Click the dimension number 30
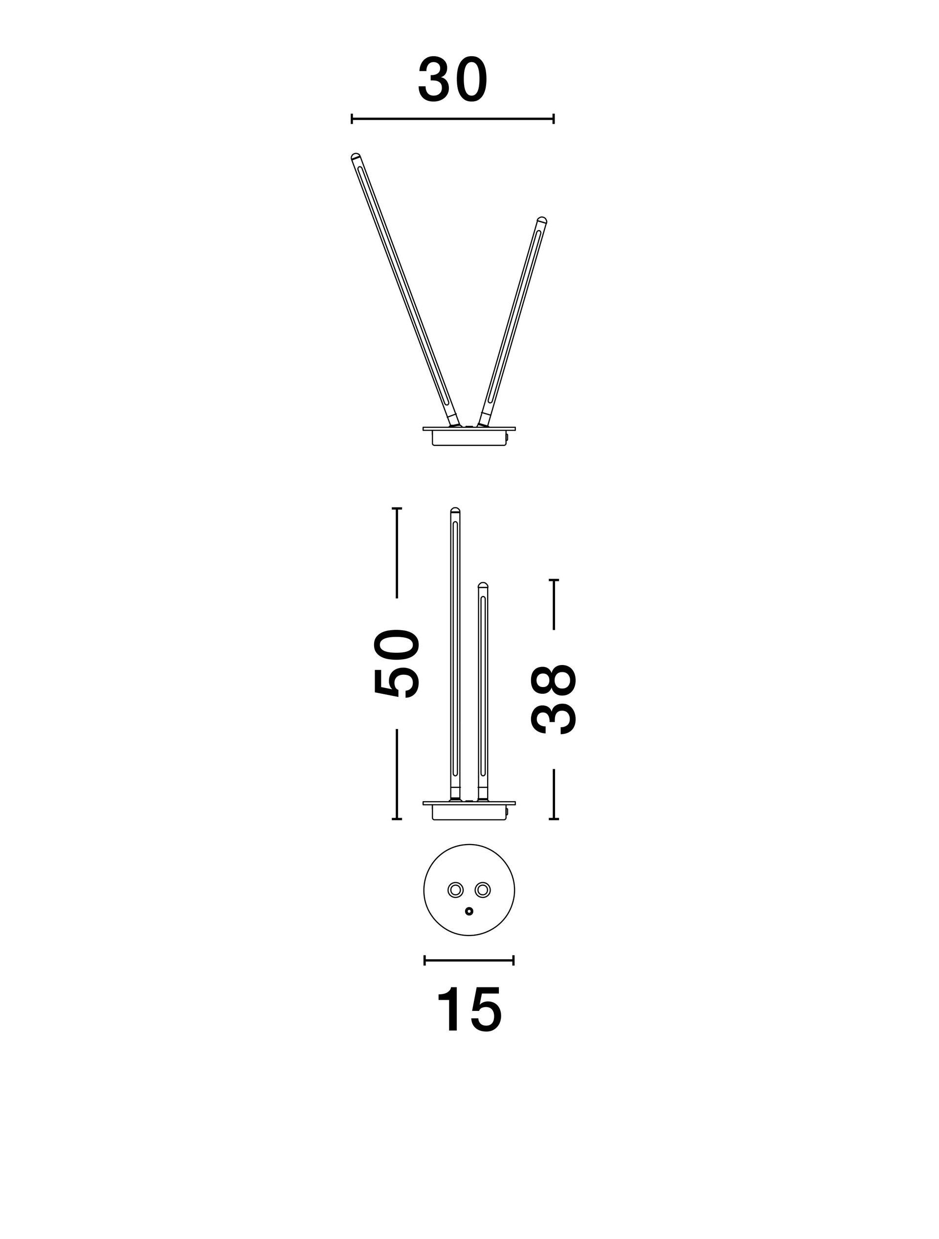[452, 80]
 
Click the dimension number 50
[397, 664]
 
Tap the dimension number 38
[553, 699]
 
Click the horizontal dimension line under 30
[452, 119]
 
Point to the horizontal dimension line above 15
[469, 961]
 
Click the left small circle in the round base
[455, 890]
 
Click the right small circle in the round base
[483, 890]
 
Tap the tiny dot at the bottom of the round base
[469, 911]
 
